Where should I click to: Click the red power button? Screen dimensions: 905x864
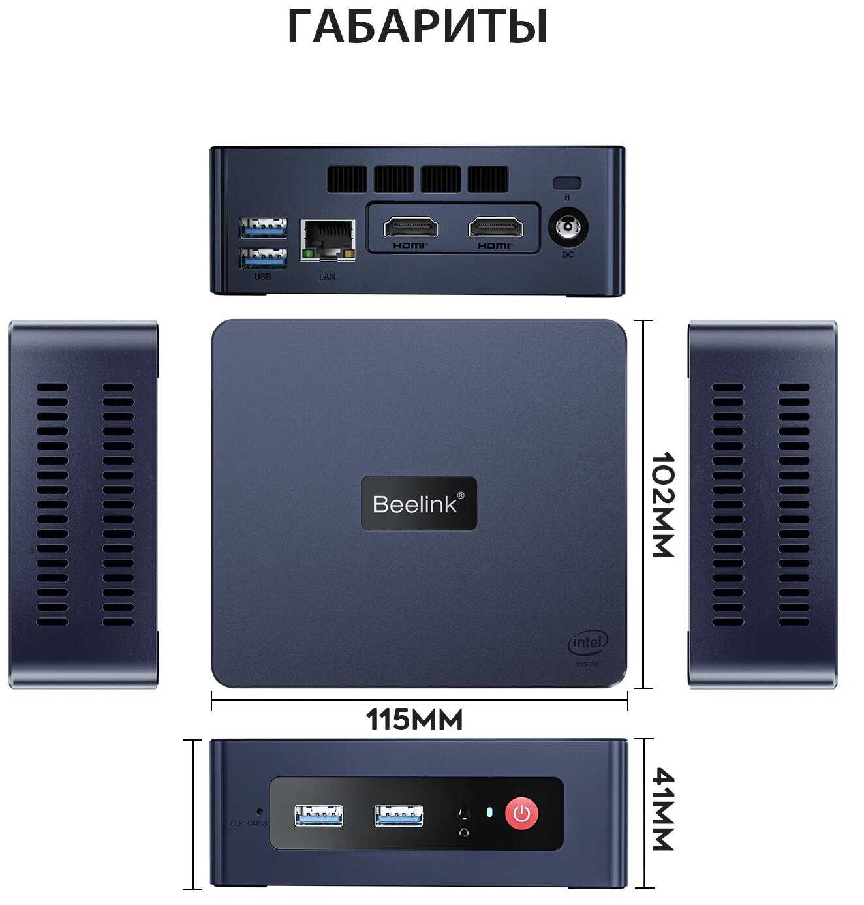[x=521, y=813]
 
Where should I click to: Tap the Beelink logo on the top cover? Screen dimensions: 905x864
[x=419, y=503]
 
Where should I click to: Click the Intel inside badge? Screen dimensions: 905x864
[x=588, y=648]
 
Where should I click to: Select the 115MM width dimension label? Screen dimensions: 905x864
[x=414, y=720]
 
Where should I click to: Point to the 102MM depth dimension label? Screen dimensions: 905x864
[x=662, y=504]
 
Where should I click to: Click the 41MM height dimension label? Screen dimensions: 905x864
[x=662, y=809]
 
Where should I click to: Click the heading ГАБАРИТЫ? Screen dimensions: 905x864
[x=418, y=27]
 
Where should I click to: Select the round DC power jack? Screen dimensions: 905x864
[x=568, y=229]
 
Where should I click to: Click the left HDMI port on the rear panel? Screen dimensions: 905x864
[x=410, y=228]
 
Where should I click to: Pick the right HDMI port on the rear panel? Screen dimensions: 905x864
[x=495, y=228]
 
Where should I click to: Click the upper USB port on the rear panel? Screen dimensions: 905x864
[x=264, y=228]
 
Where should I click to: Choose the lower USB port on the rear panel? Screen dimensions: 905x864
[x=264, y=259]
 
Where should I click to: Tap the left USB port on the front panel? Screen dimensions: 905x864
[x=318, y=816]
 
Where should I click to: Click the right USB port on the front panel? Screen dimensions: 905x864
[x=399, y=816]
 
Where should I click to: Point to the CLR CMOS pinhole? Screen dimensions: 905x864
[x=260, y=812]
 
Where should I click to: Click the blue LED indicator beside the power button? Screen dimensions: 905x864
[x=489, y=812]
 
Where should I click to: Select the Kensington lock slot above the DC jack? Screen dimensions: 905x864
[x=567, y=183]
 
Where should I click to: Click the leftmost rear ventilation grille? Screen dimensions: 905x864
[x=347, y=179]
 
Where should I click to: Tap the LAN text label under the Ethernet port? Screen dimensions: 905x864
[x=327, y=277]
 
